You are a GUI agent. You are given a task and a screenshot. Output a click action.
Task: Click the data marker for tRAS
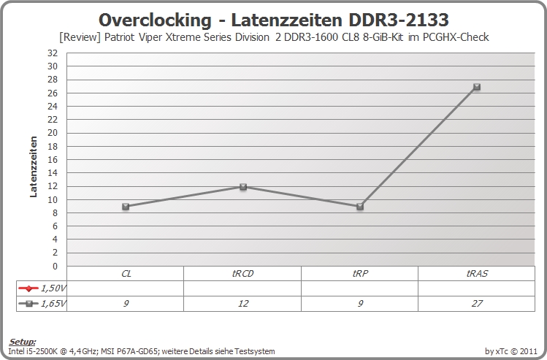[477, 87]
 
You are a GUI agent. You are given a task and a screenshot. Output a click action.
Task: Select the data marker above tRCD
[243, 187]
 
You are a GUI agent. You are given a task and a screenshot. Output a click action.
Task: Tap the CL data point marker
[126, 207]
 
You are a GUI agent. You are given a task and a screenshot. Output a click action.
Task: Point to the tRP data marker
[360, 207]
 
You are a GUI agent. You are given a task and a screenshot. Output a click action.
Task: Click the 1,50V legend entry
[42, 288]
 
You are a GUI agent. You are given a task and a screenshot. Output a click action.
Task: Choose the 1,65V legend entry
[42, 304]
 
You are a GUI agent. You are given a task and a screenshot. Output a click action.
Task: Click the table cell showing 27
[477, 304]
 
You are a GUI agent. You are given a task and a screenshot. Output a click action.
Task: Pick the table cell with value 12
[242, 304]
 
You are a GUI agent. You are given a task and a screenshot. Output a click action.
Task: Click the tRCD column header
[242, 274]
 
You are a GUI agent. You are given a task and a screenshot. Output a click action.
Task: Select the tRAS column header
[477, 274]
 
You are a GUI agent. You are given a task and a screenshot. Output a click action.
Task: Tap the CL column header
[126, 274]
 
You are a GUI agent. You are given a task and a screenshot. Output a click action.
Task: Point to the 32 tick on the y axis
[53, 53]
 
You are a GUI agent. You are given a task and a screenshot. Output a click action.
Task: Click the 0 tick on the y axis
[55, 266]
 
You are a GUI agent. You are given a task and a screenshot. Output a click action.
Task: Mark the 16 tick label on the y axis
[53, 159]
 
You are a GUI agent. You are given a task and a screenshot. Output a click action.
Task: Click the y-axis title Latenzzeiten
[33, 166]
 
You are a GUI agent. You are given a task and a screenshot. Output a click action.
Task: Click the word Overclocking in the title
[155, 20]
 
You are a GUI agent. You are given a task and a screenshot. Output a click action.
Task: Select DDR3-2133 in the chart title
[399, 20]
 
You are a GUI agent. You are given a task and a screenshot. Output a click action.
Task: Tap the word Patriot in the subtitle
[119, 37]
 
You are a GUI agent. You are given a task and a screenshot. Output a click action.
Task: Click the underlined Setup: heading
[22, 342]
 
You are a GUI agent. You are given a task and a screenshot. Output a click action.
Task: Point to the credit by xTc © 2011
[511, 351]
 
